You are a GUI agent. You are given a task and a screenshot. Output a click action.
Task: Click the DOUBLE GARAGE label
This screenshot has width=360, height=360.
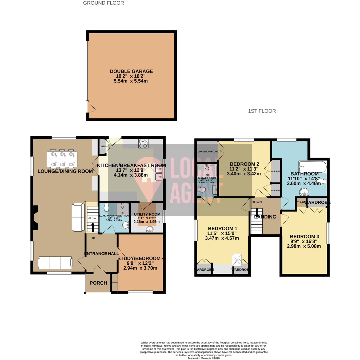tap(131, 71)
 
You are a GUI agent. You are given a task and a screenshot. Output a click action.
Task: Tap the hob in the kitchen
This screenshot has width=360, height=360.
tap(143, 144)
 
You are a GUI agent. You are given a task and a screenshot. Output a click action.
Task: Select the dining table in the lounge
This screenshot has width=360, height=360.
tap(62, 159)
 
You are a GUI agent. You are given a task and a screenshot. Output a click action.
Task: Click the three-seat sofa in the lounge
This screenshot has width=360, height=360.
tap(55, 263)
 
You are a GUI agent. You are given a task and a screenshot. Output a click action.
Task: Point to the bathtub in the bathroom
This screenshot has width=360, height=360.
tap(313, 167)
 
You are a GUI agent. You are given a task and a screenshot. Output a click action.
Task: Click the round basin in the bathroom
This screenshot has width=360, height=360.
tap(304, 192)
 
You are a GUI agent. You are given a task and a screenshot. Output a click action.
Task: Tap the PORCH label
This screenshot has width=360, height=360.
tap(98, 283)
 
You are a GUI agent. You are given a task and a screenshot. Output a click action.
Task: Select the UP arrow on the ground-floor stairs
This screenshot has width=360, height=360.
tap(93, 227)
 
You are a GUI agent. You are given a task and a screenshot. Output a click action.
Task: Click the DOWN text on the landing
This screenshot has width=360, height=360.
tap(257, 202)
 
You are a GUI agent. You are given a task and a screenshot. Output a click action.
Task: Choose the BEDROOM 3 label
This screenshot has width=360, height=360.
tap(304, 237)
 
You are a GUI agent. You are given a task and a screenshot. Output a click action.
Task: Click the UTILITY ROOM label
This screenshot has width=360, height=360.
tap(147, 214)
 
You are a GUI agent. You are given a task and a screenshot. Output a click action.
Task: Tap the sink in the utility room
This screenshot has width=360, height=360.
tap(150, 229)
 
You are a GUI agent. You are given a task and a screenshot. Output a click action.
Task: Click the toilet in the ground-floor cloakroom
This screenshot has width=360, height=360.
tap(106, 207)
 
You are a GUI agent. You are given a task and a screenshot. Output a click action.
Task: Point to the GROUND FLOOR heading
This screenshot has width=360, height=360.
tap(103, 3)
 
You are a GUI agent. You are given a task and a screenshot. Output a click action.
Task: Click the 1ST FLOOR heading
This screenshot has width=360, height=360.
tap(262, 111)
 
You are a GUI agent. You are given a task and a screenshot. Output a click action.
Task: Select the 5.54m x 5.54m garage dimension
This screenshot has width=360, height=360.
tap(131, 81)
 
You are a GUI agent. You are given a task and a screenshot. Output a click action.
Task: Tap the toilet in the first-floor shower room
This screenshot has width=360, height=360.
tap(202, 190)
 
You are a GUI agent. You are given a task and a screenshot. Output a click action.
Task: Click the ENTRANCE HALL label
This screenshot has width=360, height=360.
tap(102, 254)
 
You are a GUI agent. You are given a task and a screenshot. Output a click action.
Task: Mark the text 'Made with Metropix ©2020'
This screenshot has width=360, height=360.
tap(204, 358)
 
